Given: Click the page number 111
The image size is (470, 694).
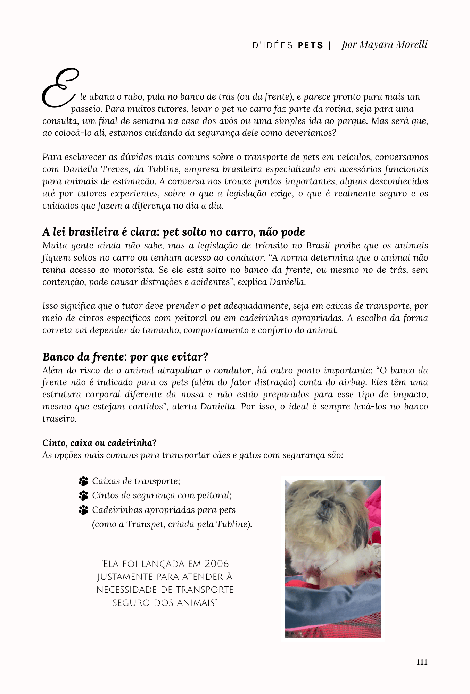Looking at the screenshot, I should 422,662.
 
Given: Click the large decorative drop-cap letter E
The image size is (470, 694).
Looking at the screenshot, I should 59,88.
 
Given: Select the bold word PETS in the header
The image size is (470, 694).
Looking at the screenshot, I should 311,45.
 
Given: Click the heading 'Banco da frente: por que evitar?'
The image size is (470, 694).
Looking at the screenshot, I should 125,357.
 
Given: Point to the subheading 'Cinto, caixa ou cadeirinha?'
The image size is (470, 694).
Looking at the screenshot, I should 99,443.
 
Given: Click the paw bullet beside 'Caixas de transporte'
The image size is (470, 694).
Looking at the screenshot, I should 83,481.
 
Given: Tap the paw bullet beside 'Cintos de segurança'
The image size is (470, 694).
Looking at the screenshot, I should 83,496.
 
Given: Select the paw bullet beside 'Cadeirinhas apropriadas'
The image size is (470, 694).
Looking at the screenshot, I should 83,510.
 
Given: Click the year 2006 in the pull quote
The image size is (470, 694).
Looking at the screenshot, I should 217,564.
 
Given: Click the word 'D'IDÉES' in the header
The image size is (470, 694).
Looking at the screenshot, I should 273,45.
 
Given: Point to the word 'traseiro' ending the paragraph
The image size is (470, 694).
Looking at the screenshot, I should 58,419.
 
